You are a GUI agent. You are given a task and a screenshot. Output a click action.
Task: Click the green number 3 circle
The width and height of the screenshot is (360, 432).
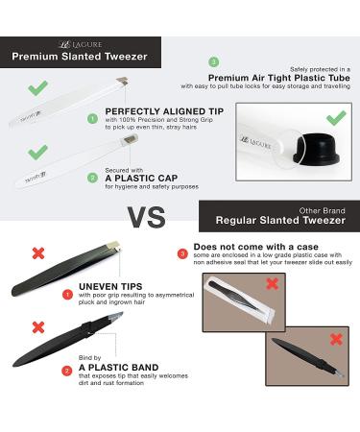pyautogui.click(x=212, y=61)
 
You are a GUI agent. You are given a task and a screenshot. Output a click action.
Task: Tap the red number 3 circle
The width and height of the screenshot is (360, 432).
pyautogui.click(x=183, y=254)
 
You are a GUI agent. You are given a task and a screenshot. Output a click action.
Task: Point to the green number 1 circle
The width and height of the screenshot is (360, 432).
pyautogui.click(x=93, y=120)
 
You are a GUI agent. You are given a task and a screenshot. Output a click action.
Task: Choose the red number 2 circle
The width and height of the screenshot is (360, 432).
pyautogui.click(x=67, y=369)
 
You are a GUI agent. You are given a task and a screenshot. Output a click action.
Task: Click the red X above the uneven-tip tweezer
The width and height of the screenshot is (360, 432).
pyautogui.click(x=38, y=252)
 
